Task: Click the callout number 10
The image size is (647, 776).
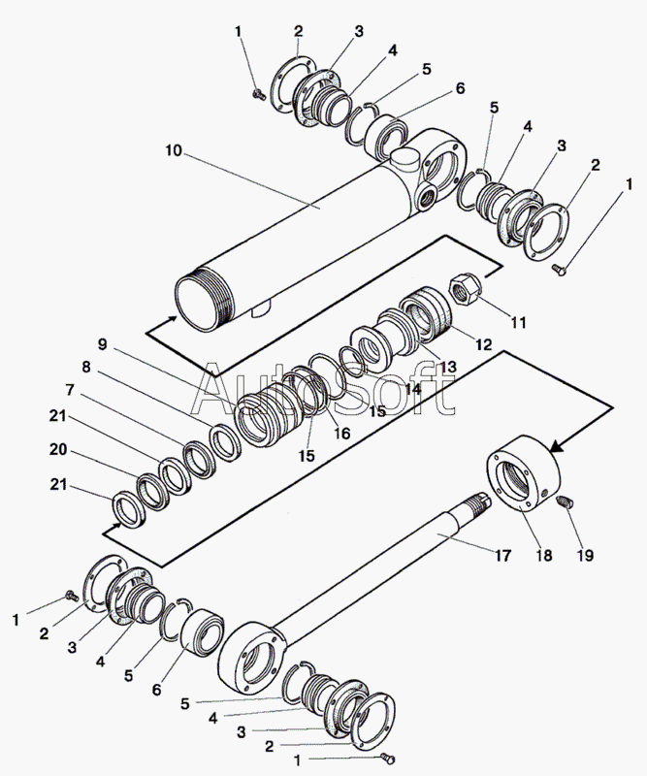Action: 174,150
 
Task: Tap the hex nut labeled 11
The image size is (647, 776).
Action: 463,289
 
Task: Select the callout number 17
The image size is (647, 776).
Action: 502,556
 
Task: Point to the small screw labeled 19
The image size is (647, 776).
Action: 565,501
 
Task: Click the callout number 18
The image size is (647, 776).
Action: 543,555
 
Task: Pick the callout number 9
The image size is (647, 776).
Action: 102,344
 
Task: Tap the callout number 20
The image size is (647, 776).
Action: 58,450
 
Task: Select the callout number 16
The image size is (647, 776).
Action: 341,434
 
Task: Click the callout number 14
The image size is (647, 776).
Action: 413,389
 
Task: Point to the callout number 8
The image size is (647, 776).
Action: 86,368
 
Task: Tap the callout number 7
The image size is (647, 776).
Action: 70,390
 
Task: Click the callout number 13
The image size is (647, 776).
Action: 447,367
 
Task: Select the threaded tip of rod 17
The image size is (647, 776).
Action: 477,499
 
